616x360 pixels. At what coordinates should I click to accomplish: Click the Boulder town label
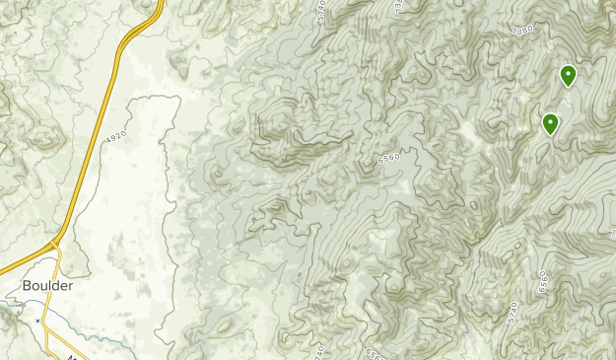pos(47,287)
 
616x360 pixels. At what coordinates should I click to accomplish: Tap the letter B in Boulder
pos(27,287)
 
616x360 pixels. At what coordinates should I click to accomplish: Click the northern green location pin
pos(568,75)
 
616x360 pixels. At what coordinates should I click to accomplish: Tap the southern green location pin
pos(550,124)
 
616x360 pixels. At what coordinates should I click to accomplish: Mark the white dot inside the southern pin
pos(550,121)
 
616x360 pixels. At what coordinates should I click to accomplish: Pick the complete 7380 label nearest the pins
pos(522,31)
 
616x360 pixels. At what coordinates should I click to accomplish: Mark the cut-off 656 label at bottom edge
pos(372,353)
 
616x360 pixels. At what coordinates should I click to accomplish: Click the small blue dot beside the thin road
pos(36,321)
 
